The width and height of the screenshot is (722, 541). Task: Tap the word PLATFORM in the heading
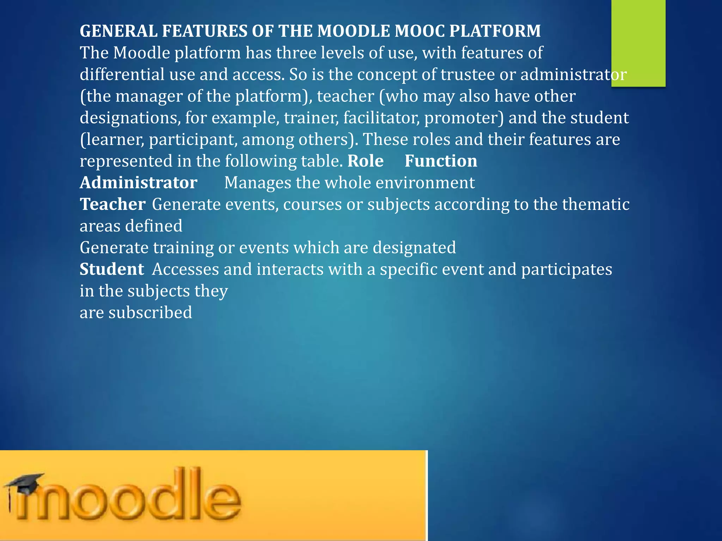point(495,31)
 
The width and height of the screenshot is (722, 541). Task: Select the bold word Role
point(366,161)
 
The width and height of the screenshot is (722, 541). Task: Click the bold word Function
point(441,161)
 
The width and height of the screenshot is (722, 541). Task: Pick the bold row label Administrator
point(138,183)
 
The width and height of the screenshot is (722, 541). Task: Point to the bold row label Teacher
point(112,204)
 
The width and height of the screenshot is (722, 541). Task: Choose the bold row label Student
point(112,269)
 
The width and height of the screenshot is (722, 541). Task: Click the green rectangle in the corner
point(638,42)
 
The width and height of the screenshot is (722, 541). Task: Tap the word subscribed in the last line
point(150,313)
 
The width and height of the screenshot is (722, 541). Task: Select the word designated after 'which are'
point(414,248)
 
